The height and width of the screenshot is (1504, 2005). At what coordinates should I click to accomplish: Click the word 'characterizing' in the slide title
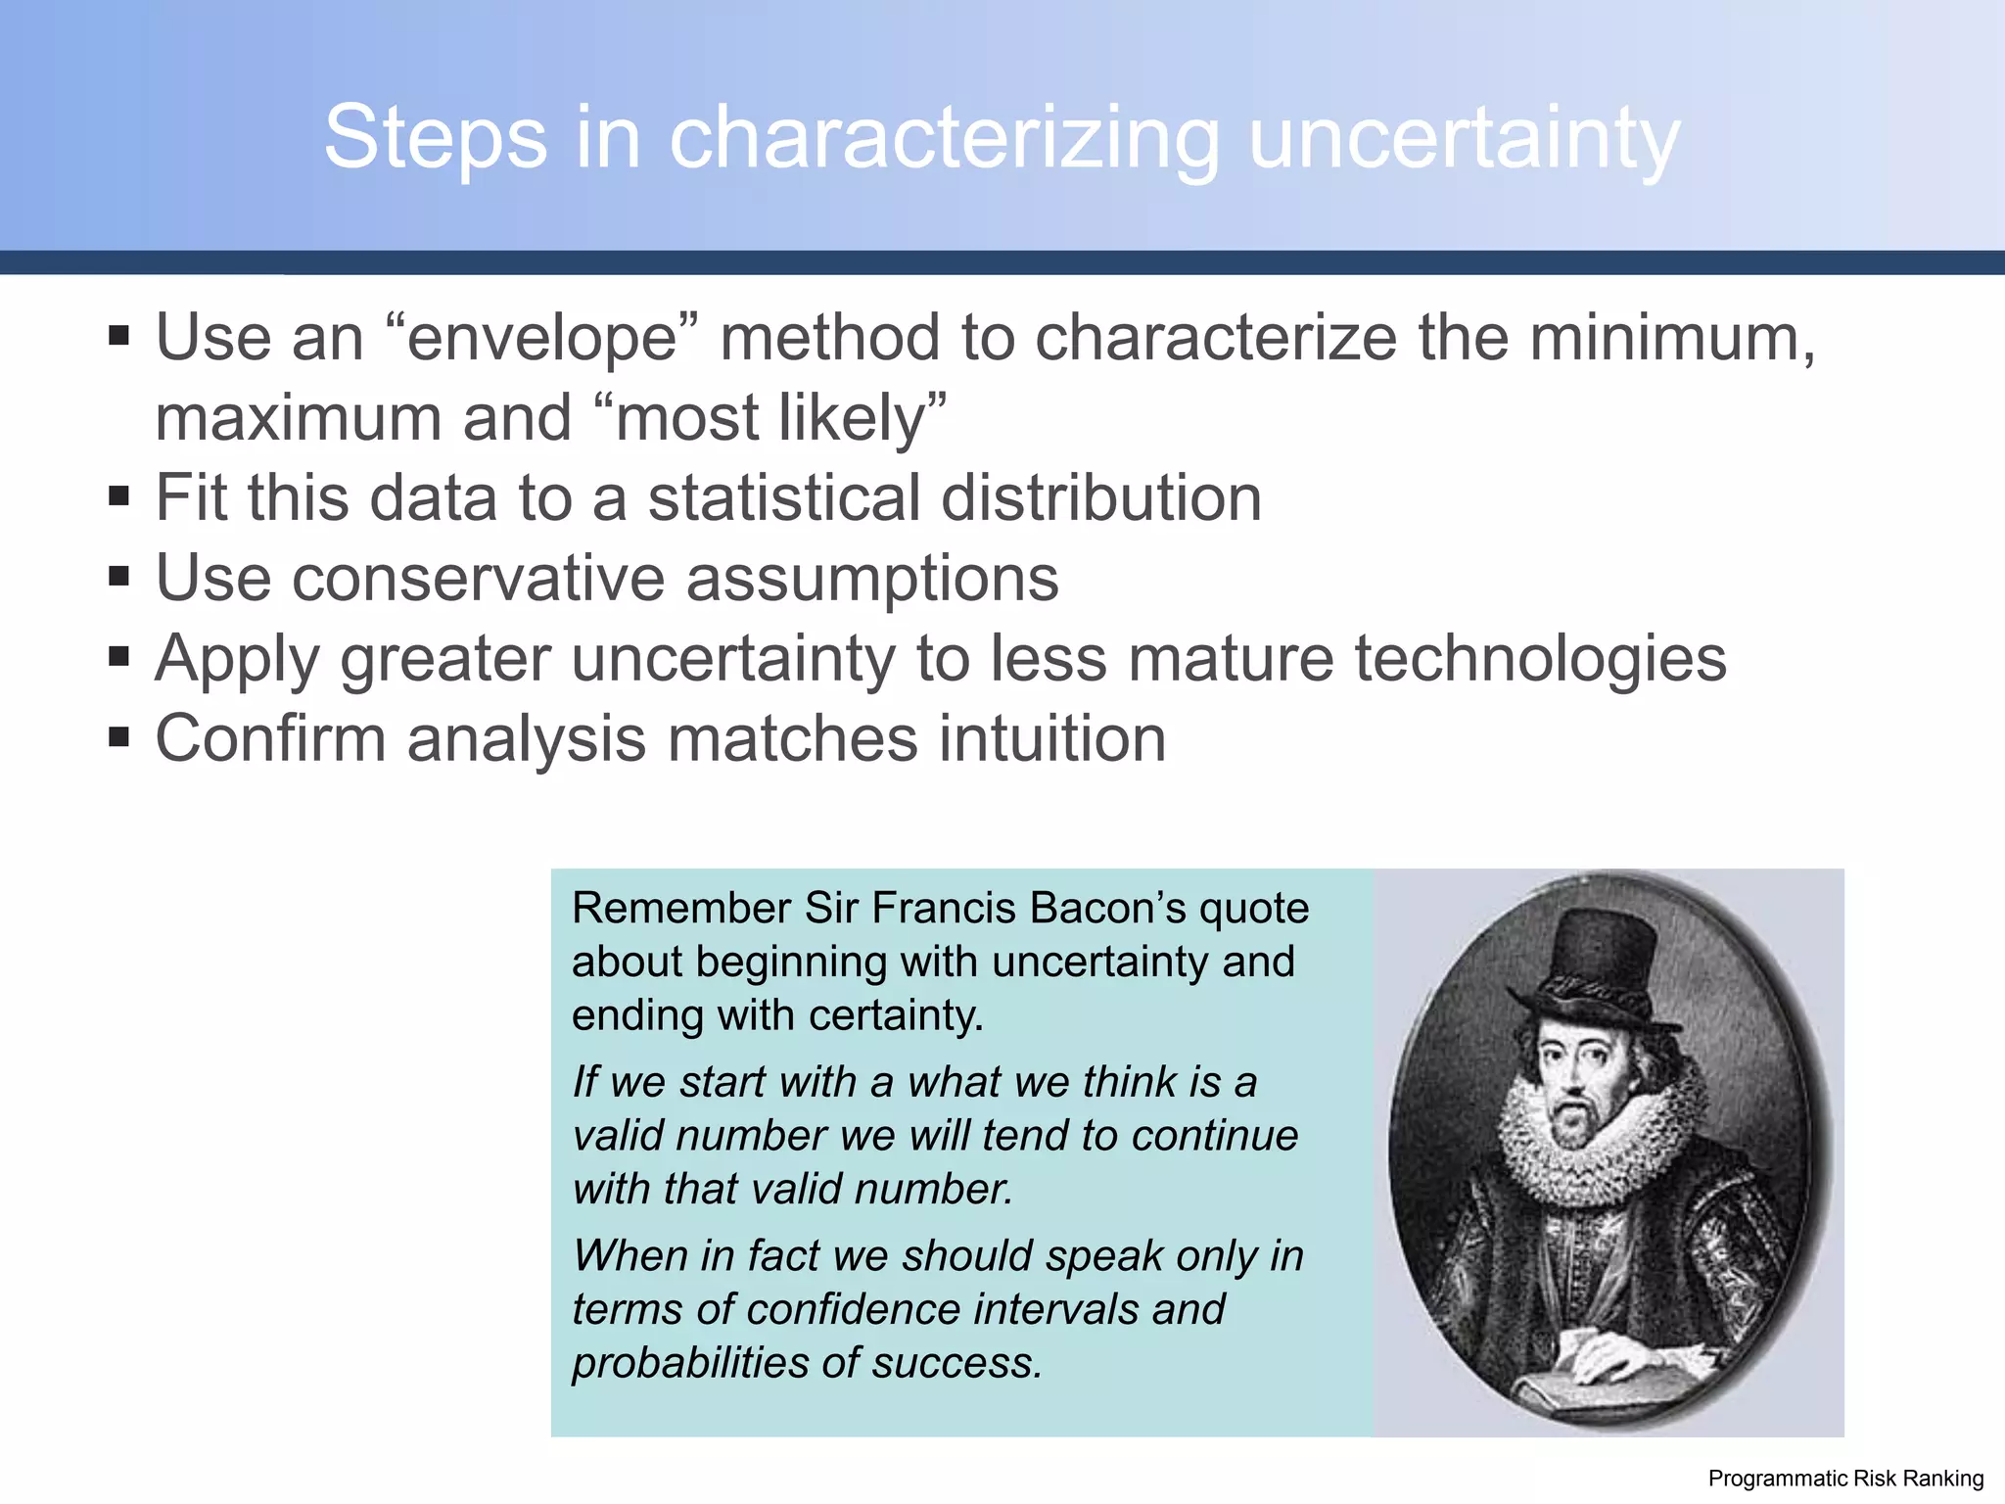click(944, 138)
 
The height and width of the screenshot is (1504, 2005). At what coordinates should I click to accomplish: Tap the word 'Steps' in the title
click(435, 138)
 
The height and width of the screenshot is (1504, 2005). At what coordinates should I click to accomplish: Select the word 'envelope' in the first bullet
click(542, 338)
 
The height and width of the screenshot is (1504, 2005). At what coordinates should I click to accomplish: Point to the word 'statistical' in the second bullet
click(783, 497)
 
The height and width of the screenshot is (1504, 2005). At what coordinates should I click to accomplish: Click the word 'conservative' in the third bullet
click(478, 578)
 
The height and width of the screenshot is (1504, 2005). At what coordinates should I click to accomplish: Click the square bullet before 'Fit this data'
click(119, 496)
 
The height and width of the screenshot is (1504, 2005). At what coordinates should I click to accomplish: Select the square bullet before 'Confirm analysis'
click(119, 736)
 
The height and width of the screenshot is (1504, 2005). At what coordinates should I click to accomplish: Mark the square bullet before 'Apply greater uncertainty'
click(119, 656)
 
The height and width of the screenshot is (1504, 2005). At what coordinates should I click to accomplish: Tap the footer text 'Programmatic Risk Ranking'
click(1845, 1479)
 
